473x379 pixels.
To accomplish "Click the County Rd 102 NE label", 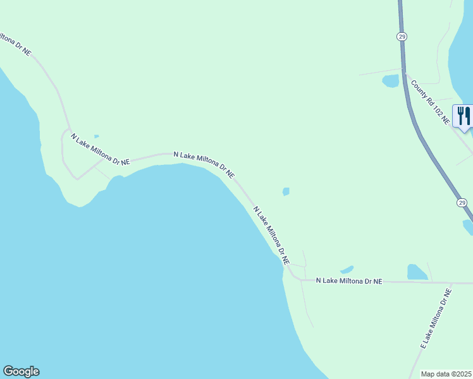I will point(430,102).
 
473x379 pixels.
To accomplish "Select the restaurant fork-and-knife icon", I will point(464,116).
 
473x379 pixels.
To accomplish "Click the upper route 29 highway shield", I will point(402,37).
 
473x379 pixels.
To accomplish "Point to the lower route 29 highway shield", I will point(462,203).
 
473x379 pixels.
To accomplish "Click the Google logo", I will point(21,371).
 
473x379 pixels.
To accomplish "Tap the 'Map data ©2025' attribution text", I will point(446,374).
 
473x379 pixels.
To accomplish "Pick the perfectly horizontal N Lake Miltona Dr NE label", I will point(349,280).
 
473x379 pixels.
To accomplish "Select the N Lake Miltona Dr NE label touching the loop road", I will point(100,149).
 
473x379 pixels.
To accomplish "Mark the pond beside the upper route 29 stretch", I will point(390,81).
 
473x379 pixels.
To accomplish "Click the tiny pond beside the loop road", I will point(96,136).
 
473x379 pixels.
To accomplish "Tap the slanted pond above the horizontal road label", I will point(347,269).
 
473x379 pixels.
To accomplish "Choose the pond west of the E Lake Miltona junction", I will point(417,272).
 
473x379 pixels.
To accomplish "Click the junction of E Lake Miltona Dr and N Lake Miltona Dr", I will point(448,282).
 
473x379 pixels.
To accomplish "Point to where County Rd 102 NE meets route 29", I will point(405,72).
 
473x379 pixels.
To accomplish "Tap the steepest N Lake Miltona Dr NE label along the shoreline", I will point(271,234).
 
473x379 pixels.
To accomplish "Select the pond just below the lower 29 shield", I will point(468,226).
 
